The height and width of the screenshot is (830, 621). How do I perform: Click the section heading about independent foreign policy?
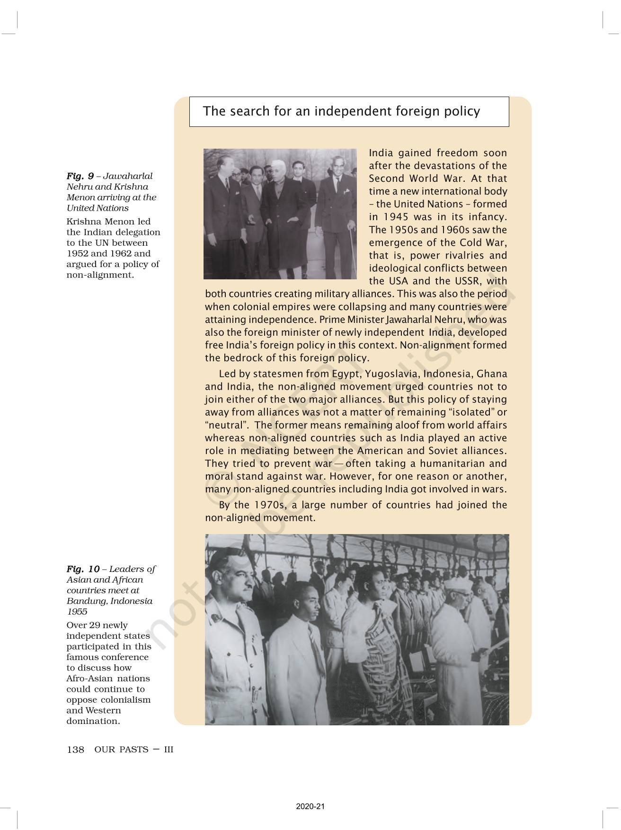[x=341, y=111]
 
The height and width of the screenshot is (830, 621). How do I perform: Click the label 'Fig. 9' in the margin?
[x=80, y=176]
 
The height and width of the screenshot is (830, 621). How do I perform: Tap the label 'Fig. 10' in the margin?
[x=83, y=569]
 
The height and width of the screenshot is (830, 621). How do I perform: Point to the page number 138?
[x=75, y=750]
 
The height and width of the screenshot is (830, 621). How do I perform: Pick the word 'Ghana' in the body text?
[x=492, y=374]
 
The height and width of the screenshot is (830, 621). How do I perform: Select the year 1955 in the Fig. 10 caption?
[x=77, y=612]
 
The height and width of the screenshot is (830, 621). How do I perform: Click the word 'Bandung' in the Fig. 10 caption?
[x=86, y=601]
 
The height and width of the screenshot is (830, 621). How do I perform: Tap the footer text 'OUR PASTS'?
[x=121, y=750]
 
